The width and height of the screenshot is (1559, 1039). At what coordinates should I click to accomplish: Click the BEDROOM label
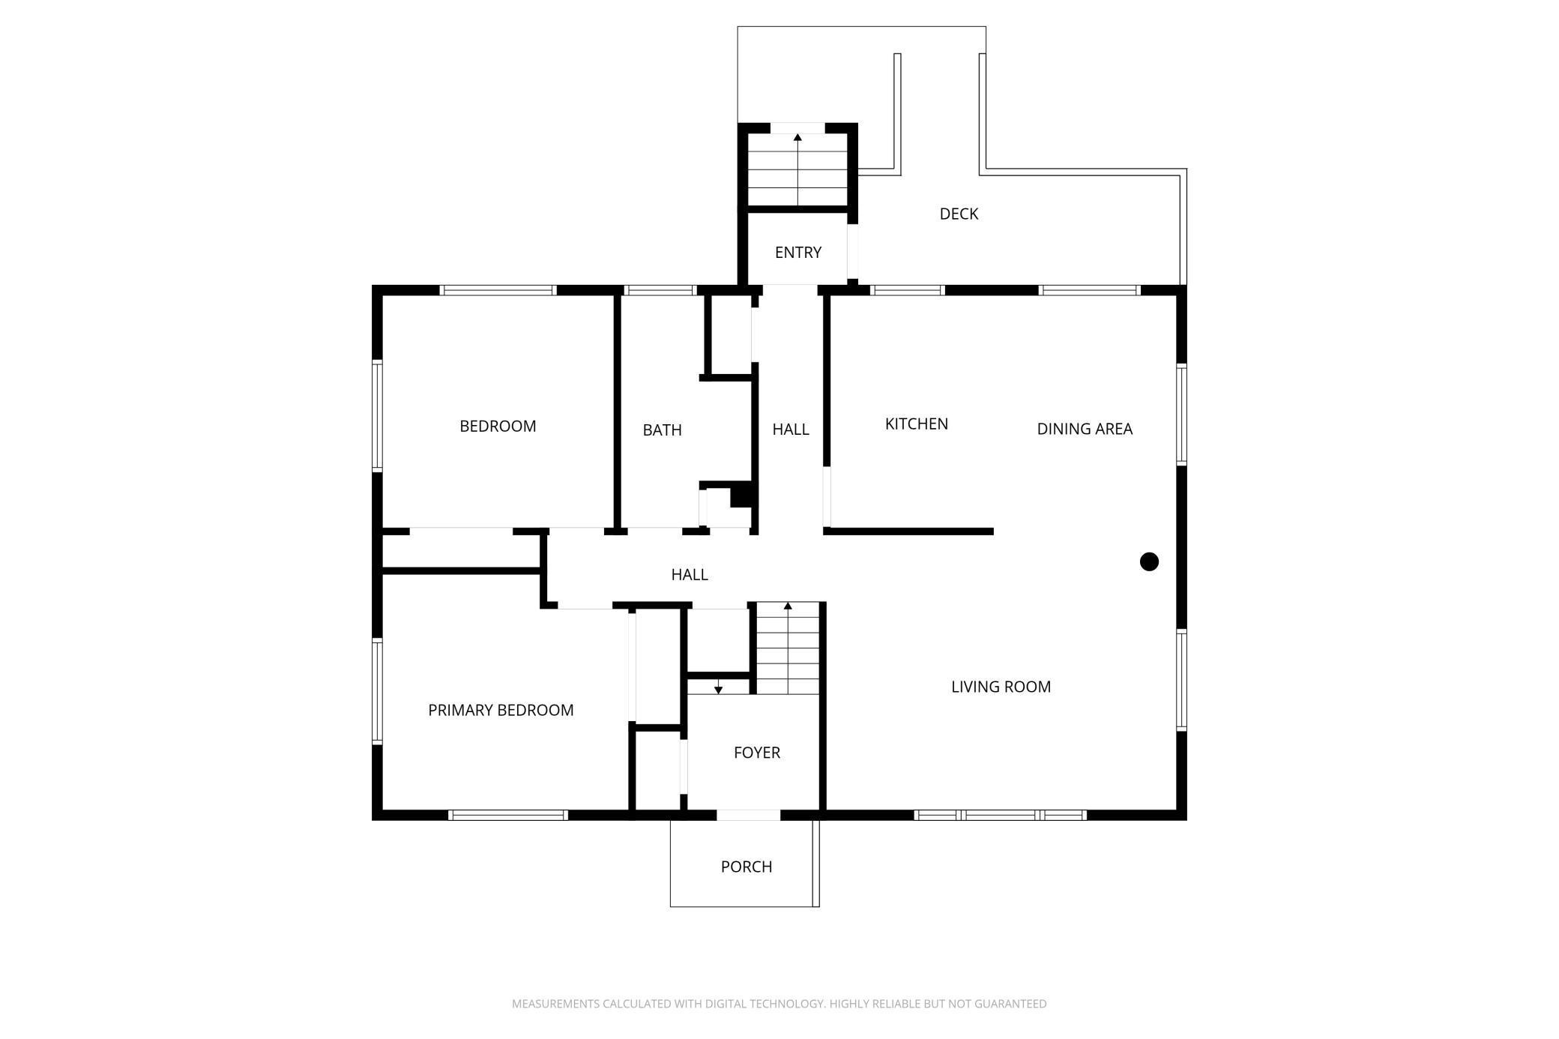pyautogui.click(x=498, y=427)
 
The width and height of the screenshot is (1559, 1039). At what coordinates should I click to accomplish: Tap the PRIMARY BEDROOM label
pyautogui.click(x=501, y=711)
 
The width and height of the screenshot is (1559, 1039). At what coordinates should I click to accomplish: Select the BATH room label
pyautogui.click(x=662, y=430)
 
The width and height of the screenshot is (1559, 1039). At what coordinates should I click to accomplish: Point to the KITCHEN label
pyautogui.click(x=916, y=424)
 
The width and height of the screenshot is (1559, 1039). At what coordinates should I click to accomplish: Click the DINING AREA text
pyautogui.click(x=1085, y=429)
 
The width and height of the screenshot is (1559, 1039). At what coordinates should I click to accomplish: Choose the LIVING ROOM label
pyautogui.click(x=1001, y=687)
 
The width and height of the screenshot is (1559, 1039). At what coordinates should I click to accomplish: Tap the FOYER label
pyautogui.click(x=757, y=753)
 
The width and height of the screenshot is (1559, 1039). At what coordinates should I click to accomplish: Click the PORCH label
pyautogui.click(x=746, y=867)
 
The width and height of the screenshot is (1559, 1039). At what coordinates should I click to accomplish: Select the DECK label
pyautogui.click(x=959, y=214)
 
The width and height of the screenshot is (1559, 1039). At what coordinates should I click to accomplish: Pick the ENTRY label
pyautogui.click(x=798, y=253)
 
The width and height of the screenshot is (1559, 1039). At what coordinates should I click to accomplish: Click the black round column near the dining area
pyautogui.click(x=1149, y=561)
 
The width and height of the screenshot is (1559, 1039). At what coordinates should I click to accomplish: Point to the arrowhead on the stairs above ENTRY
pyautogui.click(x=797, y=138)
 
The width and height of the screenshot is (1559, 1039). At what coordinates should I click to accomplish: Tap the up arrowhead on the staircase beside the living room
pyautogui.click(x=788, y=606)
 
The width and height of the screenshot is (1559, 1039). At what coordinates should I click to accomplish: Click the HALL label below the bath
pyautogui.click(x=690, y=575)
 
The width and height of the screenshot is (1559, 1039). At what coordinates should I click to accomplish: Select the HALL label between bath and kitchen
pyautogui.click(x=791, y=430)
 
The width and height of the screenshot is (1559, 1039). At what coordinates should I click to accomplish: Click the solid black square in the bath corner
pyautogui.click(x=741, y=496)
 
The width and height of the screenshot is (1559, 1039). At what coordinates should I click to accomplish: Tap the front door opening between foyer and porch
pyautogui.click(x=748, y=815)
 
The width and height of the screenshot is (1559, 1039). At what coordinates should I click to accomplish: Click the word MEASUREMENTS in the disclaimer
pyautogui.click(x=555, y=1004)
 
